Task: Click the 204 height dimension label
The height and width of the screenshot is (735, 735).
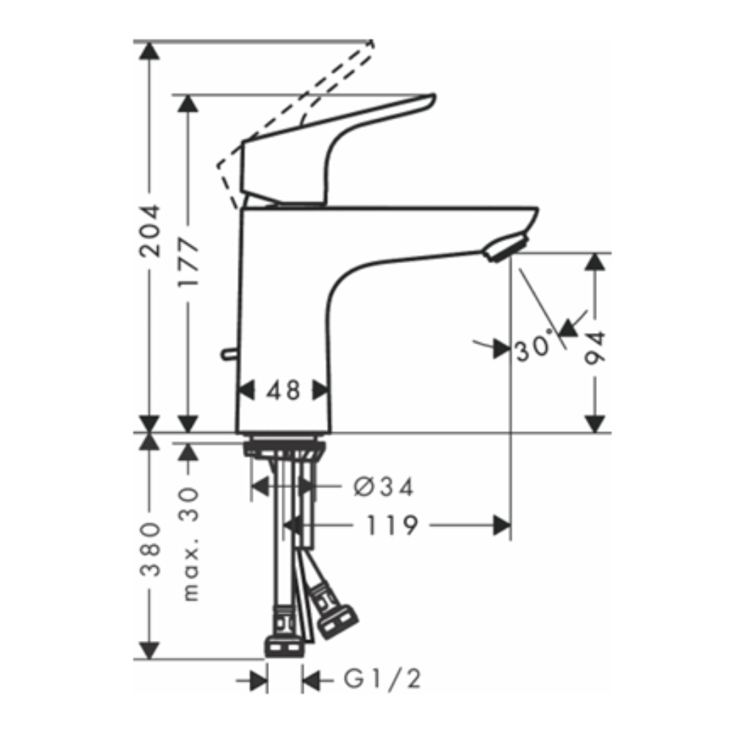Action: point(150,229)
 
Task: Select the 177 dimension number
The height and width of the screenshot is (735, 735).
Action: point(189,262)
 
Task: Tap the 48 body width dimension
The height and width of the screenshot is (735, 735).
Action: point(283,390)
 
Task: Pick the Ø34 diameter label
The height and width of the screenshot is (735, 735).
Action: point(383,486)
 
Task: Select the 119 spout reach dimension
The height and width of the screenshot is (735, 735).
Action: point(394,525)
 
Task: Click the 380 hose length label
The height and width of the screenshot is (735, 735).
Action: point(150,550)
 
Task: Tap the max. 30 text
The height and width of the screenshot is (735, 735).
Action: point(190,544)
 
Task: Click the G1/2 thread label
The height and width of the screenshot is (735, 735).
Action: point(382,681)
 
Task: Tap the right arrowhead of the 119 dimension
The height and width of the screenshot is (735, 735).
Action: point(502,525)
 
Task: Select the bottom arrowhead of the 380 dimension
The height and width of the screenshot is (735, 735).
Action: point(150,650)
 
